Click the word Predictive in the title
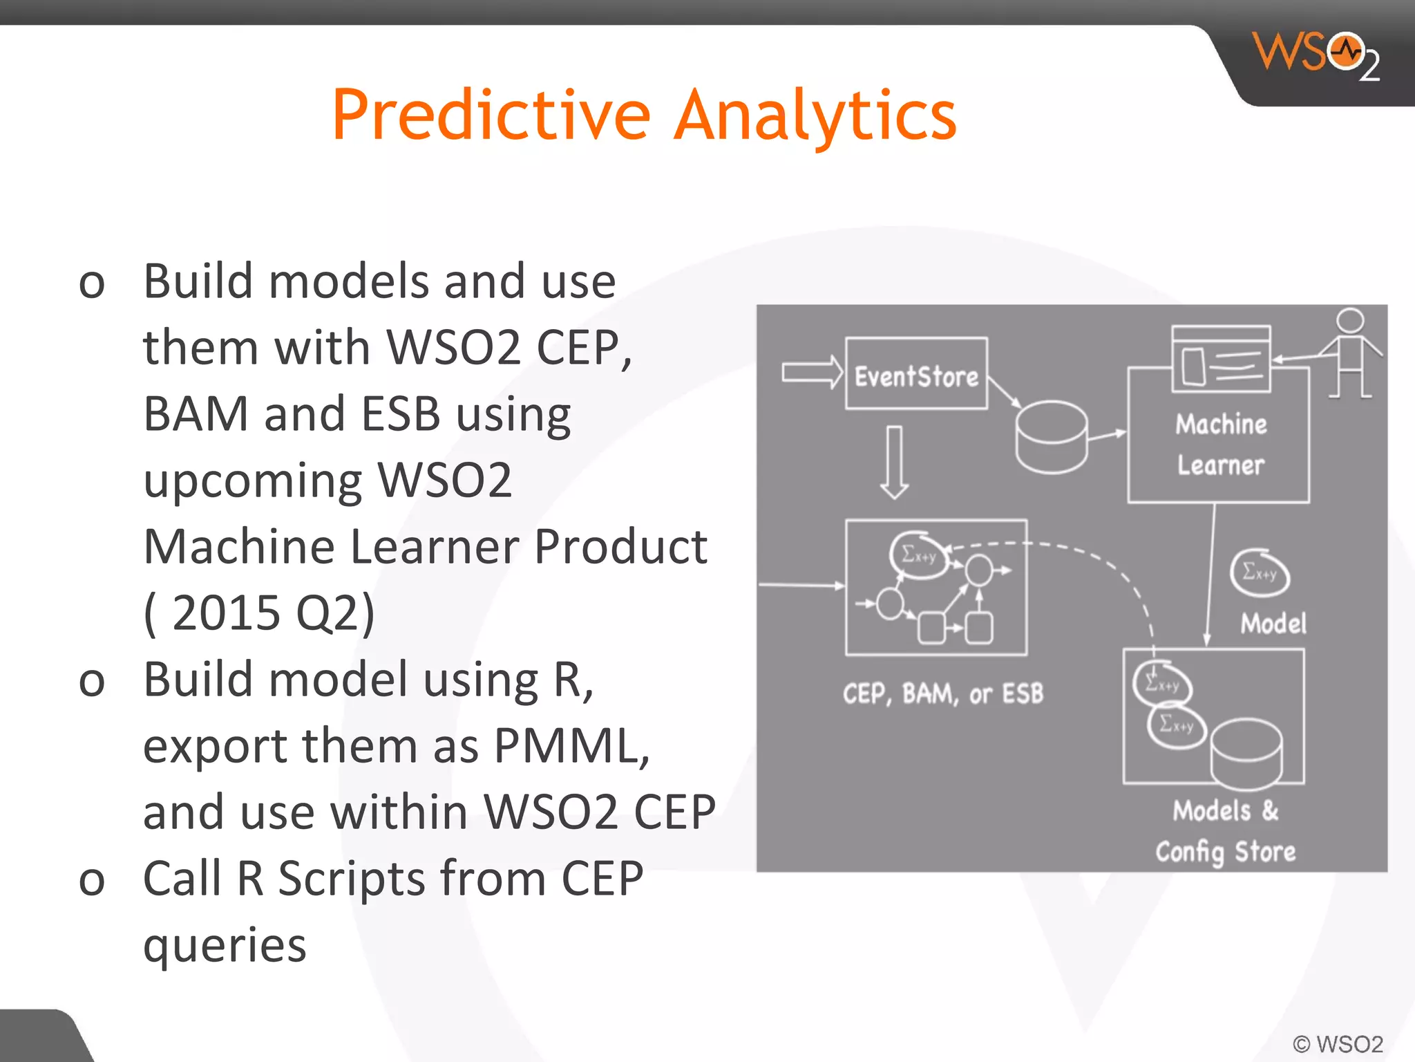[491, 115]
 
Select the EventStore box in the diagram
[916, 374]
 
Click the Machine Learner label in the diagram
[1220, 445]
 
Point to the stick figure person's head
[1349, 322]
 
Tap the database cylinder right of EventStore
[1051, 438]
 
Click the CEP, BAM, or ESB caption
[942, 693]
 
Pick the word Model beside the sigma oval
[1273, 624]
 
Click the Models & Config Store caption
[1225, 831]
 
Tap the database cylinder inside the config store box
[1246, 754]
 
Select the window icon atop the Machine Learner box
[1221, 359]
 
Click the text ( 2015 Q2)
[259, 613]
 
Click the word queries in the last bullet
[225, 946]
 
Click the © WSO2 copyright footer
[1338, 1043]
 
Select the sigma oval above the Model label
[1260, 572]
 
